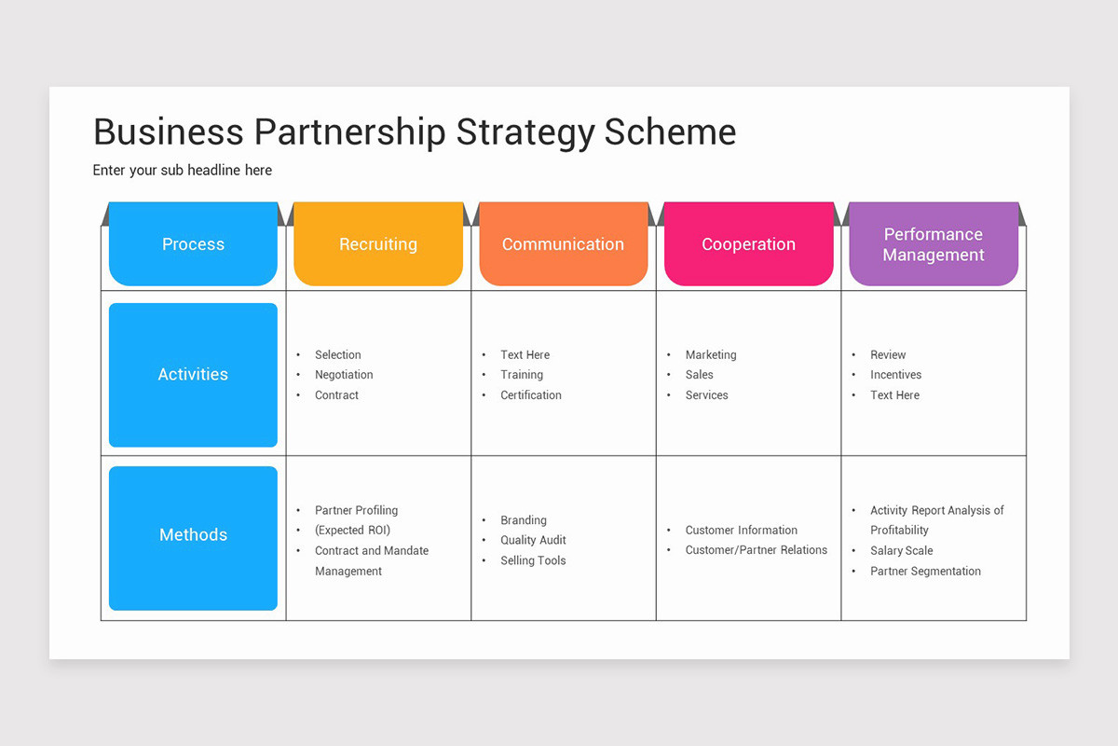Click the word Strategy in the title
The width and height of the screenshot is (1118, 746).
(525, 132)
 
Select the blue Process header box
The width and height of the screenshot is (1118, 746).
(193, 244)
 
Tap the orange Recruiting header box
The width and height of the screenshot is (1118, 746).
(378, 244)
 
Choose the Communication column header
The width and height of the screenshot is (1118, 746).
(563, 244)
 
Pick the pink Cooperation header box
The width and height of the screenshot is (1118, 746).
(748, 244)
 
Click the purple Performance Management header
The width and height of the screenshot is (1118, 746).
(934, 244)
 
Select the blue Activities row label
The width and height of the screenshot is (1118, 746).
(193, 375)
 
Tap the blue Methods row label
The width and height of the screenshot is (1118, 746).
(193, 535)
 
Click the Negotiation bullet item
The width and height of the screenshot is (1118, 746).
(344, 375)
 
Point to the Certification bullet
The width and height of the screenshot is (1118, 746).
(531, 395)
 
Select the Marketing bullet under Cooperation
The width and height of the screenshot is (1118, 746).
(711, 355)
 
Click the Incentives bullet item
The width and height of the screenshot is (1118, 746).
(895, 375)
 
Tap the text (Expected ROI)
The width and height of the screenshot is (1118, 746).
(352, 531)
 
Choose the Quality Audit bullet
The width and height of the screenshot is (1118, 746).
(533, 540)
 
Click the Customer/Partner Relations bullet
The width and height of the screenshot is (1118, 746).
(756, 550)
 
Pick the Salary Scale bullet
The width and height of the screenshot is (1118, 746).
(901, 551)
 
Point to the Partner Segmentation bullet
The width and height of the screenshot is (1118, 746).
(925, 572)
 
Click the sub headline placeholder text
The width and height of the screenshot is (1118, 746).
(183, 171)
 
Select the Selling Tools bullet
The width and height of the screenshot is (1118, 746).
(533, 560)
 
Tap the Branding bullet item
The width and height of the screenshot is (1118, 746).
(524, 520)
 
